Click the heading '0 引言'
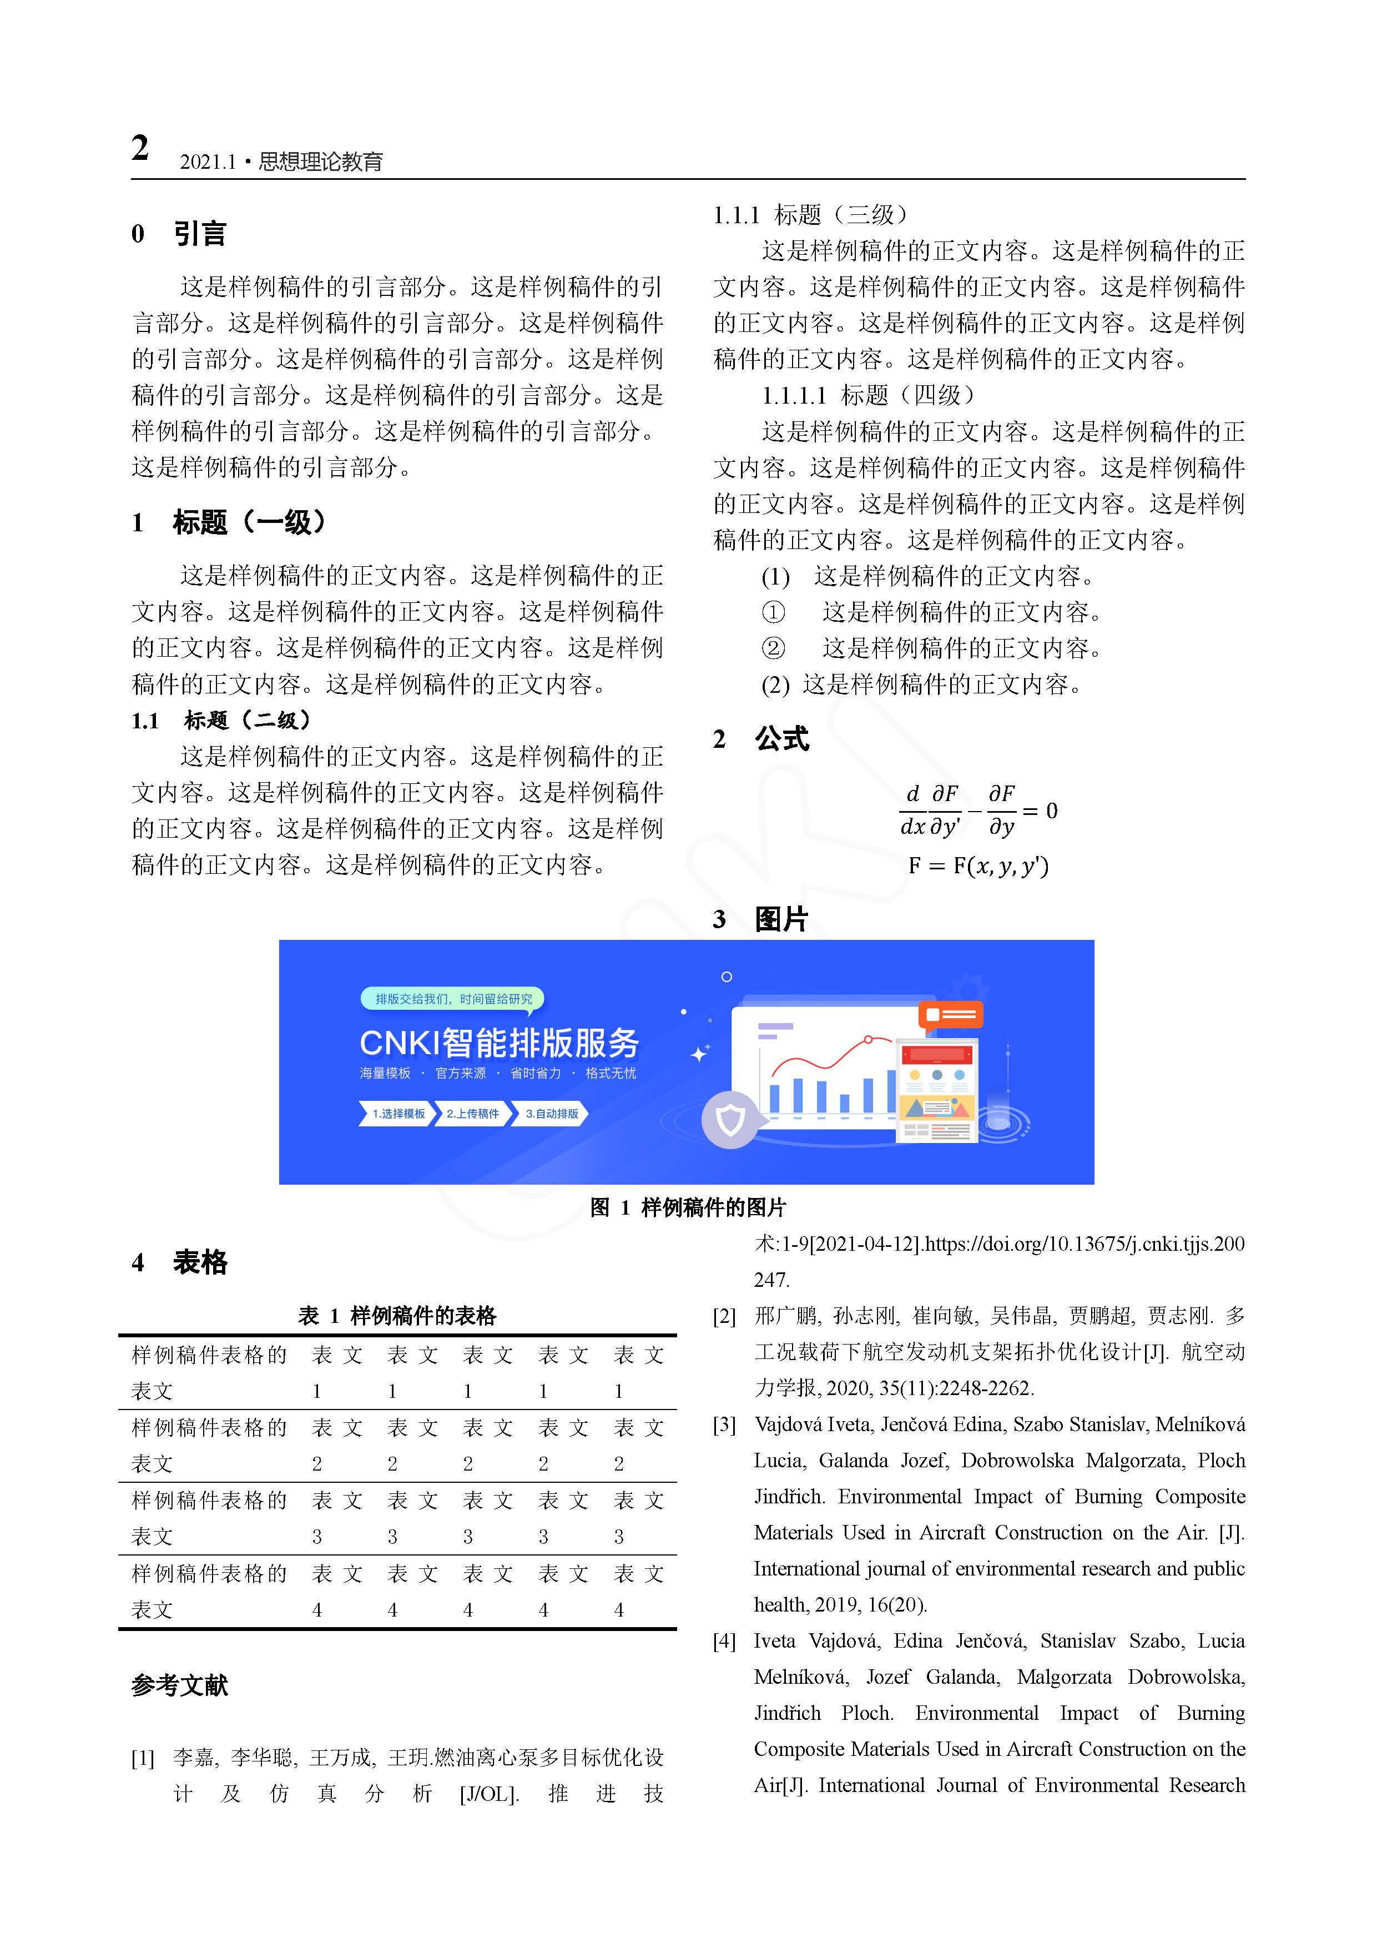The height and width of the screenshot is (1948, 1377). (x=179, y=233)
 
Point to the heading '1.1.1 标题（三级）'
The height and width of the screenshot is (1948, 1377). (x=810, y=215)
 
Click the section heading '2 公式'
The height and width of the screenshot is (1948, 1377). (x=761, y=739)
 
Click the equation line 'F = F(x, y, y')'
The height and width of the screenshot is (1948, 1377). (x=978, y=865)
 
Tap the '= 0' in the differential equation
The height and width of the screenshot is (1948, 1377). (x=1040, y=811)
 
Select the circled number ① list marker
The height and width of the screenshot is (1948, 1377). (x=773, y=612)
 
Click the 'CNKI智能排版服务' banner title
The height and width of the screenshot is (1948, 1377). (x=499, y=1043)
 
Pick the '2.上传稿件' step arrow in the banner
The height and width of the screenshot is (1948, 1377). (x=472, y=1113)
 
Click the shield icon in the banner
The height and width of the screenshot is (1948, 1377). (x=730, y=1120)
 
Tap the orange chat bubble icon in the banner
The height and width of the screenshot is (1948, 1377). (x=950, y=1015)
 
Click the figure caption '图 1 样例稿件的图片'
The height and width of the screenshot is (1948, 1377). (x=688, y=1207)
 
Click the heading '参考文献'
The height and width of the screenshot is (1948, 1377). (x=180, y=1685)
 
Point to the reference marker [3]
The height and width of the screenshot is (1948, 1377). (x=724, y=1424)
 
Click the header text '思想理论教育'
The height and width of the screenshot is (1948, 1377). (x=321, y=161)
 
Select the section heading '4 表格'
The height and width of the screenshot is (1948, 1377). (x=180, y=1262)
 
